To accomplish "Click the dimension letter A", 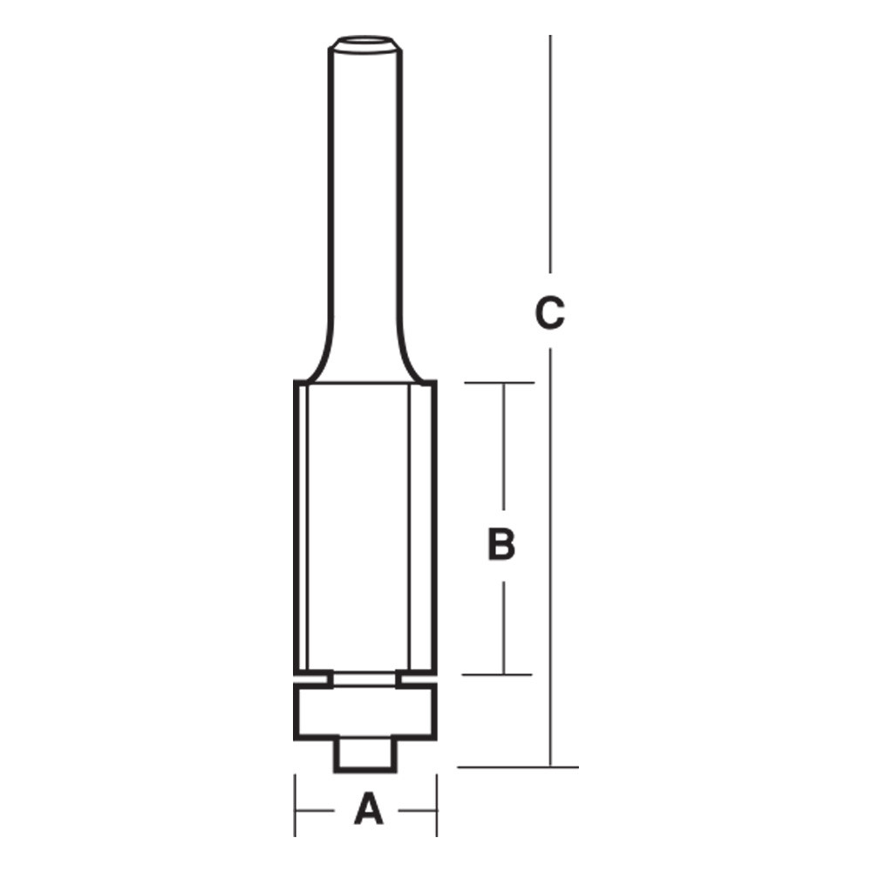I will [x=368, y=809].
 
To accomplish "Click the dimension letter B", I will [x=501, y=545].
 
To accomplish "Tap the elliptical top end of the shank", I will [x=365, y=40].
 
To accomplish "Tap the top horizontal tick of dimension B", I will [x=498, y=383].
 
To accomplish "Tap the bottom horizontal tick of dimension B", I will [x=498, y=674].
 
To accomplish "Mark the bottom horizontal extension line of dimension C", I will [x=518, y=767].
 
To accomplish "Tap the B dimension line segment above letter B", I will [x=503, y=445].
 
